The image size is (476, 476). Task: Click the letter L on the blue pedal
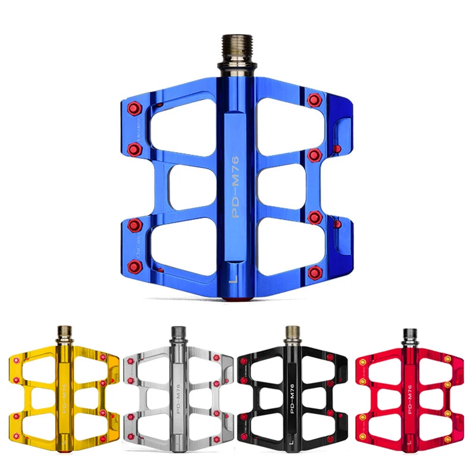click(x=234, y=277)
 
